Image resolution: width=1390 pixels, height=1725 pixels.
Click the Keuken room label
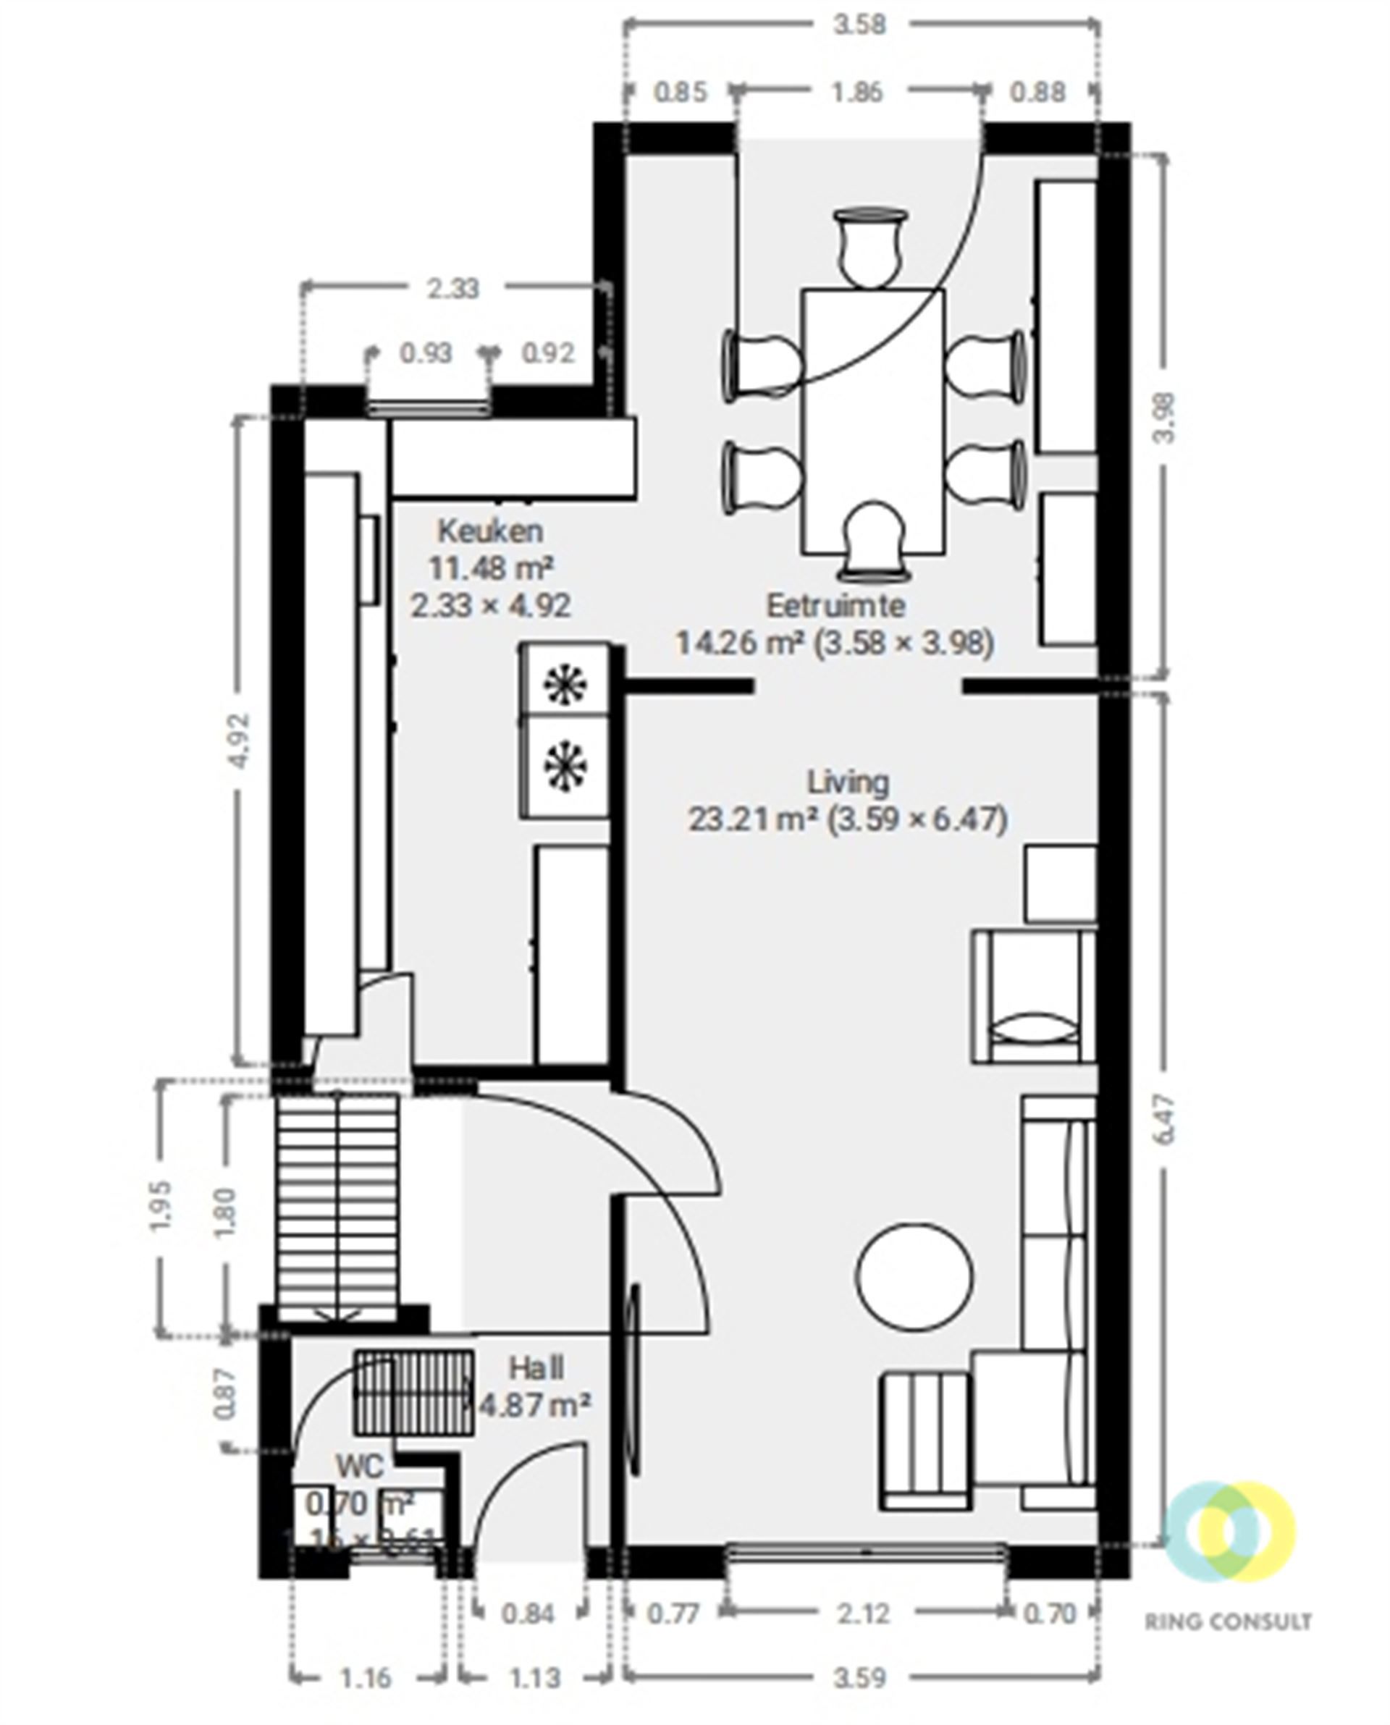point(490,531)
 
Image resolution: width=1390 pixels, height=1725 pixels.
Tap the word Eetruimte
point(835,605)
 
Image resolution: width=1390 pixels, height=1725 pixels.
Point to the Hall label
point(536,1368)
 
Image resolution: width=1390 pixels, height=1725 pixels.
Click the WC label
point(360,1466)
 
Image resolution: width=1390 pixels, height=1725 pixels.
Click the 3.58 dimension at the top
point(860,25)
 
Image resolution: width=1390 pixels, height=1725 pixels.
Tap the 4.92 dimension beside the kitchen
point(240,740)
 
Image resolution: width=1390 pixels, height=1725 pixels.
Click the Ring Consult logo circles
point(1229,1533)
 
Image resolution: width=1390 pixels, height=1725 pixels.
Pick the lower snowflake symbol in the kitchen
point(565,766)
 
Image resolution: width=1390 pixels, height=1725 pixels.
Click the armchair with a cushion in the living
point(1033,996)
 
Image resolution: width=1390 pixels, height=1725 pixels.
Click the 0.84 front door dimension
point(528,1614)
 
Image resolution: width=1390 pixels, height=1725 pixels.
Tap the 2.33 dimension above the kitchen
point(453,288)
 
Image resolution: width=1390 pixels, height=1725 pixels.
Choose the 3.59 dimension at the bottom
point(860,1674)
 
